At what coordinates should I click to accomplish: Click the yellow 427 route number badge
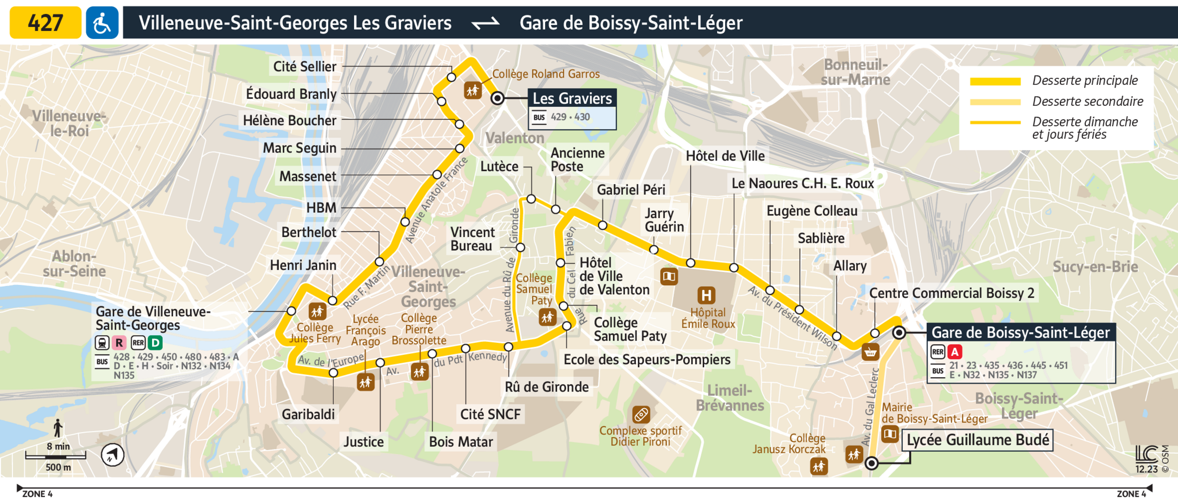pyautogui.click(x=45, y=22)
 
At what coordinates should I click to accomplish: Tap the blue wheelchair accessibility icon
pyautogui.click(x=102, y=22)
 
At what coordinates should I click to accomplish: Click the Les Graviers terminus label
pyautogui.click(x=572, y=98)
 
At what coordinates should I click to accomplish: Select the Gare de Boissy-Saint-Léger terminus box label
pyautogui.click(x=1020, y=333)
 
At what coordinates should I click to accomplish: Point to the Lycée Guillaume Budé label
pyautogui.click(x=977, y=440)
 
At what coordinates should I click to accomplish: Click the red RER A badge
pyautogui.click(x=955, y=352)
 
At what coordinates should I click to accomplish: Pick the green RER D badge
pyautogui.click(x=155, y=343)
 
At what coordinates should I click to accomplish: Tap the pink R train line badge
pyautogui.click(x=119, y=343)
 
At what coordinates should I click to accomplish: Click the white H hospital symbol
pyautogui.click(x=706, y=295)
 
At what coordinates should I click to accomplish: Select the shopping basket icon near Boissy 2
pyautogui.click(x=870, y=353)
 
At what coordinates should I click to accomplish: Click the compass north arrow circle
pyautogui.click(x=112, y=455)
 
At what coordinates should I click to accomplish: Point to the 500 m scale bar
pyautogui.click(x=56, y=457)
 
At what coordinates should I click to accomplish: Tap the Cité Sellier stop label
pyautogui.click(x=305, y=67)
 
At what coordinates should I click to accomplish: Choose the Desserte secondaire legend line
pyautogui.click(x=995, y=102)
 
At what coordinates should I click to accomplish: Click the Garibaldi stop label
pyautogui.click(x=308, y=414)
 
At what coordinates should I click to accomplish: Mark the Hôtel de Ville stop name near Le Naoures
pyautogui.click(x=725, y=156)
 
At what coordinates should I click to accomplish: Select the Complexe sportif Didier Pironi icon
pyautogui.click(x=641, y=414)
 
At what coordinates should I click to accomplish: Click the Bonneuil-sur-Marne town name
pyautogui.click(x=855, y=72)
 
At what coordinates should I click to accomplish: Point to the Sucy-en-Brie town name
pyautogui.click(x=1095, y=267)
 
